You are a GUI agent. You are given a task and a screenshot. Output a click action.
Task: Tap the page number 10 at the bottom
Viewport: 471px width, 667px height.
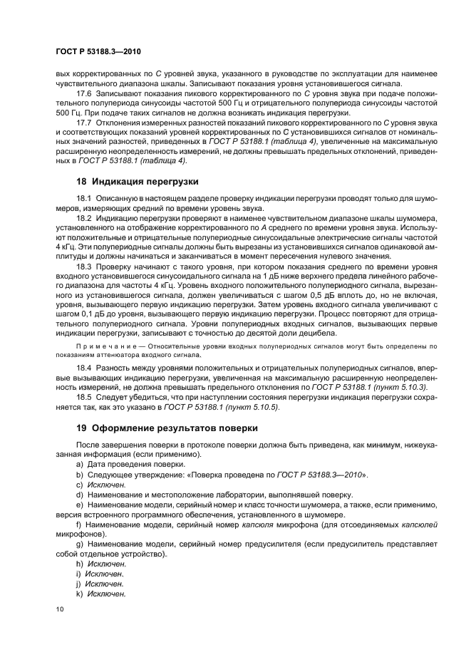pos(59,608)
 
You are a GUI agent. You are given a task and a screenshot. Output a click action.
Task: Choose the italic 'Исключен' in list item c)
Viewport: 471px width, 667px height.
pos(100,484)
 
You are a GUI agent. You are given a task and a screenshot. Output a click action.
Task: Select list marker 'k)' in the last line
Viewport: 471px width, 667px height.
pos(78,593)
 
